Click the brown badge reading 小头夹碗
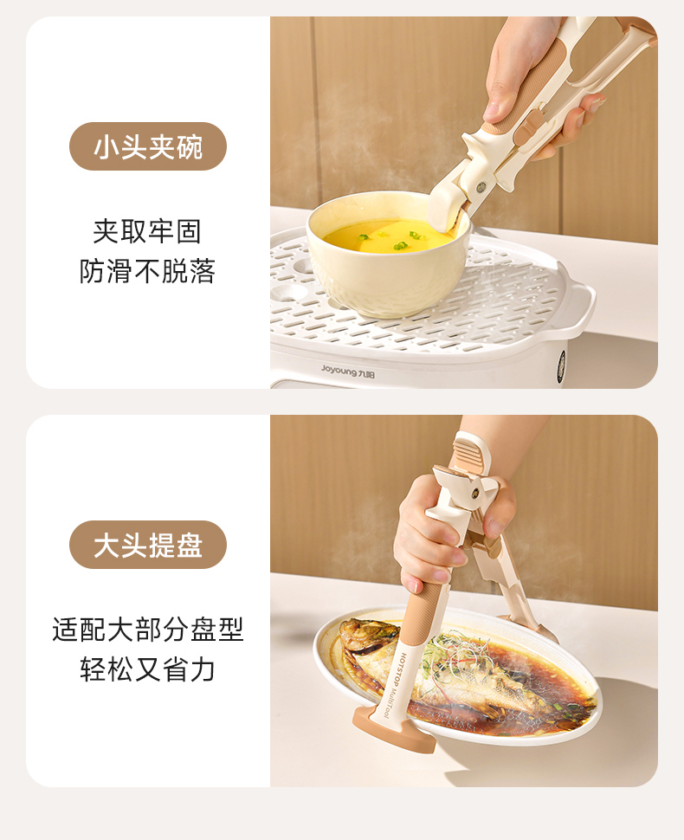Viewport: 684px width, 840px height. tap(148, 146)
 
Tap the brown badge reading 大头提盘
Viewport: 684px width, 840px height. tap(148, 545)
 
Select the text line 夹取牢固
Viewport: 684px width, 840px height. tap(147, 231)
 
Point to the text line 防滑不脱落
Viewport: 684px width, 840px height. tap(147, 271)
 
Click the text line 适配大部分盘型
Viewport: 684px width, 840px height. tap(148, 630)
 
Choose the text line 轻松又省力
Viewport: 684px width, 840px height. tap(148, 669)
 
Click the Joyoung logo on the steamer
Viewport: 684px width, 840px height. tap(347, 371)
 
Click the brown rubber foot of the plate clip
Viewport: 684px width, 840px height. tap(394, 730)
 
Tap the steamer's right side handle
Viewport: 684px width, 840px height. tap(578, 304)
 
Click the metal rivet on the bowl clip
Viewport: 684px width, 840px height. tap(481, 187)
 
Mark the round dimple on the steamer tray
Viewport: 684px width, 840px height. tap(291, 291)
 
